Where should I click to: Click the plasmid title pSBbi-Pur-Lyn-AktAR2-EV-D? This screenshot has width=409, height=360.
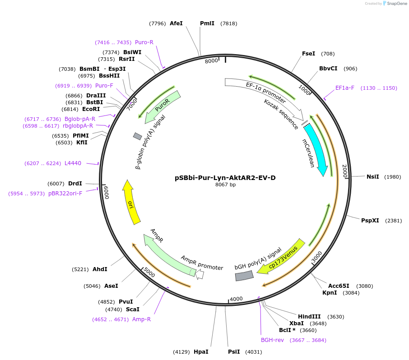(225, 178)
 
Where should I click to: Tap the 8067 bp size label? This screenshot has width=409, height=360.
(225, 185)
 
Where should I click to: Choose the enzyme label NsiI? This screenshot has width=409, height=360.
(372, 177)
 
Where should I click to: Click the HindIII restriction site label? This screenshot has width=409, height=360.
(309, 317)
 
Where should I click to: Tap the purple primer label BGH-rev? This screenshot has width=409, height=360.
(272, 340)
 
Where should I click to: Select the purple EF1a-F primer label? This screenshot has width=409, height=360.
(344, 88)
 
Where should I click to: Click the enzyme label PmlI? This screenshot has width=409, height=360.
(207, 23)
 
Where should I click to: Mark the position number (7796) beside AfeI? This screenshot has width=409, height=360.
(158, 23)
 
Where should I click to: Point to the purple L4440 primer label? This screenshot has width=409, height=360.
(73, 163)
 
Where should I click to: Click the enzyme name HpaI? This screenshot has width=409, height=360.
(201, 352)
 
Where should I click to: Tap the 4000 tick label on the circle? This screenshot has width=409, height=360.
(236, 299)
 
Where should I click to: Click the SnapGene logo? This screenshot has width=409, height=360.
(394, 4)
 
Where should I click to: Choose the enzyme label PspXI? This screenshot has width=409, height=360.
(370, 221)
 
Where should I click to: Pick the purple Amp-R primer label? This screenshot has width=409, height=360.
(141, 319)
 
